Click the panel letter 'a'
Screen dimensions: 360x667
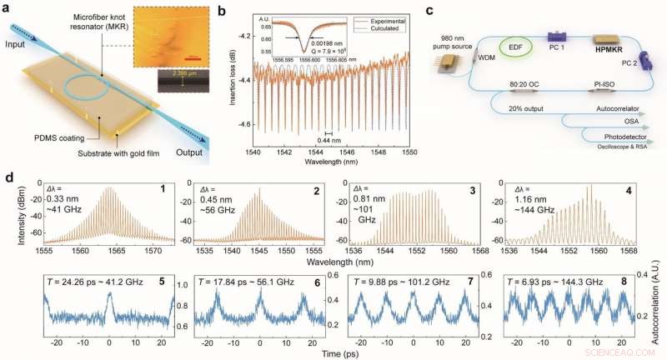click(x=7, y=8)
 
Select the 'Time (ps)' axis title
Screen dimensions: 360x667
click(x=339, y=352)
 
